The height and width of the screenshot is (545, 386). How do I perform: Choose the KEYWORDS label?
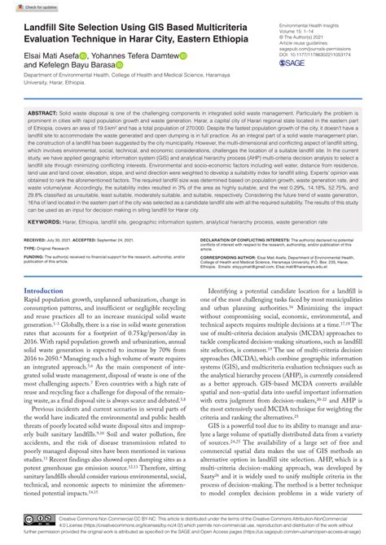(46, 221)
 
